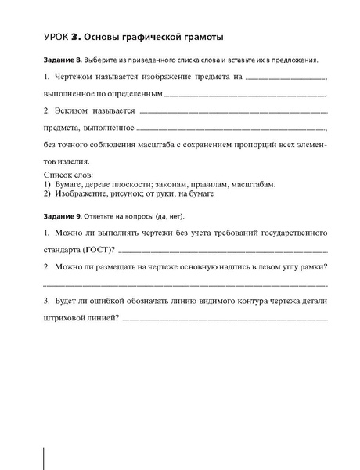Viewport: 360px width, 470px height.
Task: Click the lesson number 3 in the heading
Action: coord(75,36)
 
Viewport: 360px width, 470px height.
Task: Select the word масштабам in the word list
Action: coord(254,183)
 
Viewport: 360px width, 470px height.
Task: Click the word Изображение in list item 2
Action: coord(81,193)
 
